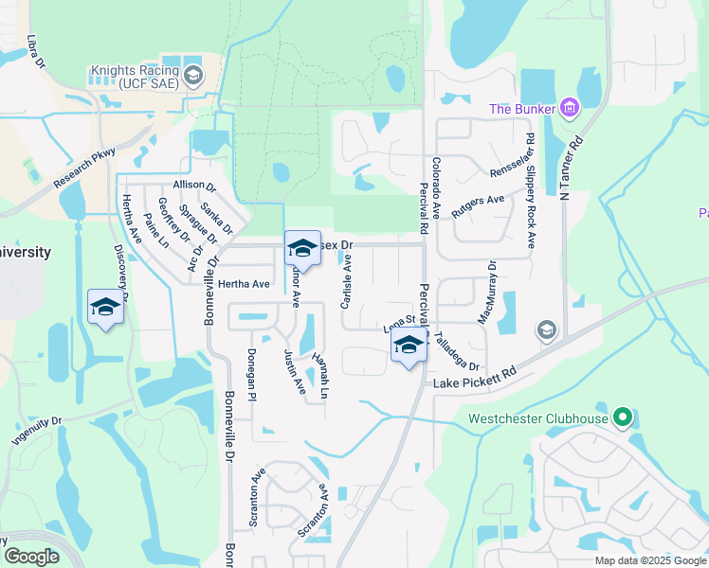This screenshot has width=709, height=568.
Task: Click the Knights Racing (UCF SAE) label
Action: click(134, 77)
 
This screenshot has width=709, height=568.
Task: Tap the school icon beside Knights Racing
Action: click(193, 77)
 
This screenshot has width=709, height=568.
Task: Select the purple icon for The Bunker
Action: click(569, 109)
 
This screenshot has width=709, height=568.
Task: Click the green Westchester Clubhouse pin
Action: click(622, 417)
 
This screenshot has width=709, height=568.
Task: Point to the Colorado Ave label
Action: click(437, 186)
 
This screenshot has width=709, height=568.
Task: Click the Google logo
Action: click(31, 557)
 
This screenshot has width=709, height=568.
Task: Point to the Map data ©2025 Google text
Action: click(649, 560)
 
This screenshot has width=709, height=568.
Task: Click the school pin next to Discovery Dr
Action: click(105, 307)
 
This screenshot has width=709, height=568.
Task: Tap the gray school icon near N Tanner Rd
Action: click(546, 329)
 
